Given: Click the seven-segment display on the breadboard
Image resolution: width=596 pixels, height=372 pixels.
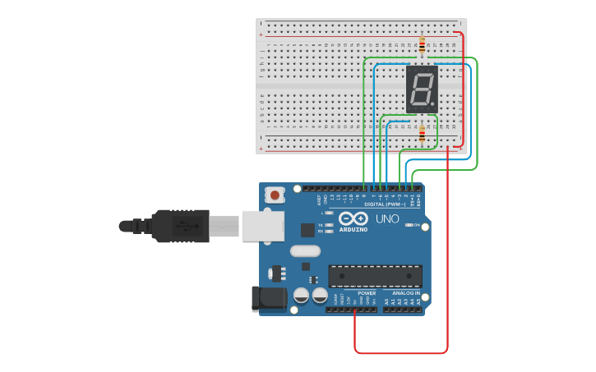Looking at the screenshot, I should (x=422, y=89).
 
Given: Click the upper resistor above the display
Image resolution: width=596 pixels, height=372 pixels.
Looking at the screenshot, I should (x=422, y=44).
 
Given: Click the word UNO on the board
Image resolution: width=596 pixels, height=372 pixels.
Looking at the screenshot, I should (x=387, y=219).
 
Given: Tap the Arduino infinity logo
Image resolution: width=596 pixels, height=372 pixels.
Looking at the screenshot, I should (x=353, y=218).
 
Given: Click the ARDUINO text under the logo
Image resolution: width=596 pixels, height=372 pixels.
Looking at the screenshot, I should (x=353, y=229).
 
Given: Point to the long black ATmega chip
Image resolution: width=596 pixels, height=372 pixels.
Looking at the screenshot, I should (x=375, y=276).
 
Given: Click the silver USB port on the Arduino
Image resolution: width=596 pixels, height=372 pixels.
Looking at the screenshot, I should (x=262, y=226).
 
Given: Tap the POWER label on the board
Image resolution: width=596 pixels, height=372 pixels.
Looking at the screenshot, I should (x=367, y=292).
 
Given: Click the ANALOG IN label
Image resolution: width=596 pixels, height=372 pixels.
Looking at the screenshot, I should (x=405, y=292).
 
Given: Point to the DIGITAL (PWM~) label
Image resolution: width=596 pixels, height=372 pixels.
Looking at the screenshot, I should (x=385, y=204).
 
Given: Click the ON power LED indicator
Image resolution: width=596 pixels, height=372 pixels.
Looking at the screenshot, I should (x=409, y=225).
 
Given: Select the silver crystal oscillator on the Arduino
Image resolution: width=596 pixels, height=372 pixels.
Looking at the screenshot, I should (x=305, y=250).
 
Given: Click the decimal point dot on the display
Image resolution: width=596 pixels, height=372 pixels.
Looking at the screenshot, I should (x=433, y=104).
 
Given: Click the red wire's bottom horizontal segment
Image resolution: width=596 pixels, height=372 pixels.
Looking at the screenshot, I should (x=401, y=353).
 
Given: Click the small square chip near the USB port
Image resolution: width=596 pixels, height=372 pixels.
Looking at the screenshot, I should (x=307, y=230).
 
